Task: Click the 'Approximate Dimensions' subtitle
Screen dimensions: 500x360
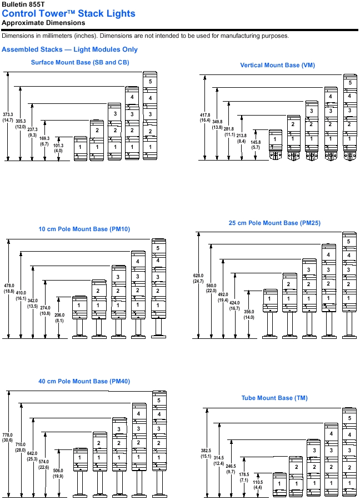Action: click(x=43, y=23)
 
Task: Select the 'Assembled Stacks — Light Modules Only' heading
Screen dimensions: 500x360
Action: click(x=69, y=49)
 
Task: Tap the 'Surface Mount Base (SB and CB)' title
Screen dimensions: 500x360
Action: click(x=80, y=62)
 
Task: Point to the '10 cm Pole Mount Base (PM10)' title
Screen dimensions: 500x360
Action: click(x=84, y=229)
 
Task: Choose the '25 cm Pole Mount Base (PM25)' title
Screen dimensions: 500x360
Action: click(x=274, y=223)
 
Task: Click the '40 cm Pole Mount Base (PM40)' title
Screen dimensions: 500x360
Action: click(x=84, y=382)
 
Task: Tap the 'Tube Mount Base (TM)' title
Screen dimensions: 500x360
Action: click(x=274, y=398)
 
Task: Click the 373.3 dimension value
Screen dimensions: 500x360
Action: click(x=8, y=114)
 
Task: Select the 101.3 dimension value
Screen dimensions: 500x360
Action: click(x=58, y=146)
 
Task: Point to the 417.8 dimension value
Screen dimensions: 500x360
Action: click(x=205, y=115)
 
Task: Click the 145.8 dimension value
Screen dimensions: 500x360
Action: click(x=256, y=142)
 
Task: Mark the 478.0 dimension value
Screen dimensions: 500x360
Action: click(x=9, y=286)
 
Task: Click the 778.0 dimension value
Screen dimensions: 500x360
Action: click(x=8, y=435)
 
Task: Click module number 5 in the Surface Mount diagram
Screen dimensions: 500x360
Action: click(x=150, y=81)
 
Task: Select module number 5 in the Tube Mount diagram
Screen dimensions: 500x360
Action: click(x=349, y=418)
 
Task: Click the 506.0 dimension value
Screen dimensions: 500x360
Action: click(x=58, y=471)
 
